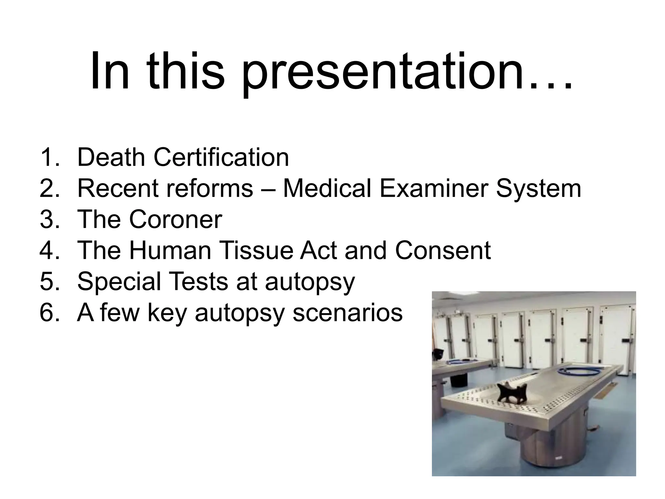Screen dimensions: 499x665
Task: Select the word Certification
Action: point(221,157)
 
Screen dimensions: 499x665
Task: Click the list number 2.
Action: point(49,188)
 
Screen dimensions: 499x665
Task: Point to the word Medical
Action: point(327,188)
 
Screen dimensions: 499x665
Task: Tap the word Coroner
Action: point(176,220)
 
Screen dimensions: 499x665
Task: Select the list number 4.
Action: point(49,250)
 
